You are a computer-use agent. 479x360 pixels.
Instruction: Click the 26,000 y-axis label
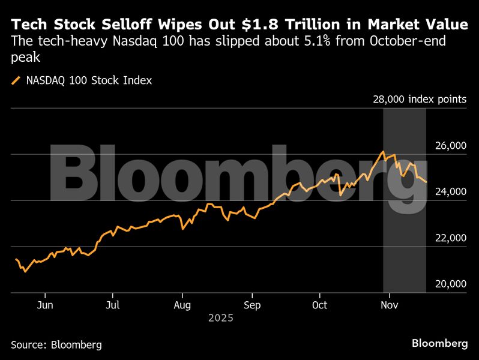(450, 146)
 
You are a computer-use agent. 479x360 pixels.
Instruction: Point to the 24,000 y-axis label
(450, 192)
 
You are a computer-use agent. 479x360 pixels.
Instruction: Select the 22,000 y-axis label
(450, 238)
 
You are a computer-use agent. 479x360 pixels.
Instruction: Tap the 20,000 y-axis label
(450, 284)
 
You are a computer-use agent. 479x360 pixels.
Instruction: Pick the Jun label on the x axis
(45, 305)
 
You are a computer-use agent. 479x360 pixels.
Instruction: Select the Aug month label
(182, 305)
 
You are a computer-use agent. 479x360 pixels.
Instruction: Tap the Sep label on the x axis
(252, 305)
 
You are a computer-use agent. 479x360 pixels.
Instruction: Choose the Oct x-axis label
(320, 305)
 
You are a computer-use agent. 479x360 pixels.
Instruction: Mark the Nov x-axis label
(390, 305)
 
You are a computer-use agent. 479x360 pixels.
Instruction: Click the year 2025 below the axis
(220, 318)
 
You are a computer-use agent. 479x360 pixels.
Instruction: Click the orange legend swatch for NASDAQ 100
(16, 80)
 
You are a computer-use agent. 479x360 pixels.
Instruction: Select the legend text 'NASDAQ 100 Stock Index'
(89, 80)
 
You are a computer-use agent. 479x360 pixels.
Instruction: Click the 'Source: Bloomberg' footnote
(56, 344)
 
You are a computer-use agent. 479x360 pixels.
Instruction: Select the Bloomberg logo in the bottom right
(440, 343)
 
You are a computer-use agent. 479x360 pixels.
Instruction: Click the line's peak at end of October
(383, 152)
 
